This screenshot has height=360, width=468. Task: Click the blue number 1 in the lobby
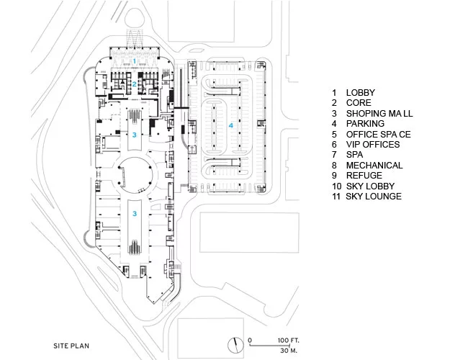135,61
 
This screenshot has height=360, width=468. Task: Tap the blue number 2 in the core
135,84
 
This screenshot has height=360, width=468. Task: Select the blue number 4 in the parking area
230,125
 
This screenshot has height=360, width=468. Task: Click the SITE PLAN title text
71,346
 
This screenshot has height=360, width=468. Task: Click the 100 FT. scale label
288,341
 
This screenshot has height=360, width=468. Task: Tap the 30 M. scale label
289,351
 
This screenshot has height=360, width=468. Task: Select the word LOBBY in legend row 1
361,93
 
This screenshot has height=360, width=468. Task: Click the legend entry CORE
359,103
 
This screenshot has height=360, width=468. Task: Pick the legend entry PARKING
365,124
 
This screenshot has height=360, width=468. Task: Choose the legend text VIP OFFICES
373,145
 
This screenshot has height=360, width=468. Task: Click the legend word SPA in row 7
354,155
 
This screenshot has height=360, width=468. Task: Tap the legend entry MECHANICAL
374,166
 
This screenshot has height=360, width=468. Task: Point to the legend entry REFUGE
364,176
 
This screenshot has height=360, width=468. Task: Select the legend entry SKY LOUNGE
374,197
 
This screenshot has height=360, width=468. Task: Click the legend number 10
336,186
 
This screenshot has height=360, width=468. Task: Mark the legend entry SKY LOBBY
370,186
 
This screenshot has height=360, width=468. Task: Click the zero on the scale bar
250,341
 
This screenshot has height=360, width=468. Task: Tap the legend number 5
334,135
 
